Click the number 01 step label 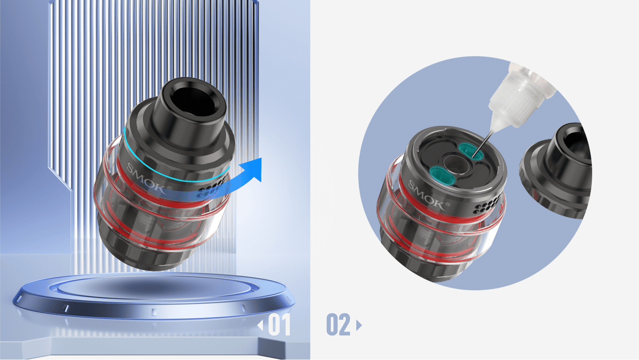coord(279,324)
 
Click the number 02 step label coord(338,324)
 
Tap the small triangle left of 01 coord(260,325)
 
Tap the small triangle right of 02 coord(359,325)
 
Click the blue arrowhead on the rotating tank coord(253,169)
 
